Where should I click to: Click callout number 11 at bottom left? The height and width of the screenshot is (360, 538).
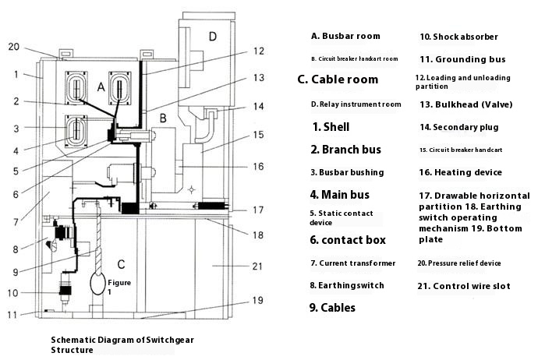pos(12,315)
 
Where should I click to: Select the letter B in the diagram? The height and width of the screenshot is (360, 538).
pos(163,118)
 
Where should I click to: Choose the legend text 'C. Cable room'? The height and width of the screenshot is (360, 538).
pos(338,79)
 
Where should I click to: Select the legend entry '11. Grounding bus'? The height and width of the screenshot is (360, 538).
pos(462,59)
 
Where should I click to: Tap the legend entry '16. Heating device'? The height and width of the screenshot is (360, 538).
pos(460,172)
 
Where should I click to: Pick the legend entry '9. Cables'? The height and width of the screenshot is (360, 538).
pos(332,308)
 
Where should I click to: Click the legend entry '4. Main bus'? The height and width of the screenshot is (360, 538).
pos(339,195)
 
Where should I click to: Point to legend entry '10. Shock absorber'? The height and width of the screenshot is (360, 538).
pos(458,37)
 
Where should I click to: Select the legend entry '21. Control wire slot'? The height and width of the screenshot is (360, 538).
pos(465,286)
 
